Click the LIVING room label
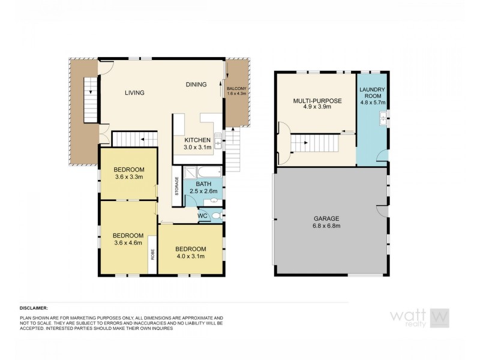tap(134, 92)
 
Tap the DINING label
tap(196, 85)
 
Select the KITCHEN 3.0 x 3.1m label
tap(197, 143)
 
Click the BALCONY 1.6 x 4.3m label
tap(237, 91)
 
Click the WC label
tap(202, 215)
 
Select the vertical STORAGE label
tap(176, 186)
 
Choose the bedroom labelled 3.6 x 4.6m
tap(128, 239)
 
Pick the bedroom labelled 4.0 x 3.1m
tap(190, 253)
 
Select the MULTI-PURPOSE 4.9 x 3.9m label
tap(317, 105)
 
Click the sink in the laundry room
tap(382, 122)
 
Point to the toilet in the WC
tap(217, 216)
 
